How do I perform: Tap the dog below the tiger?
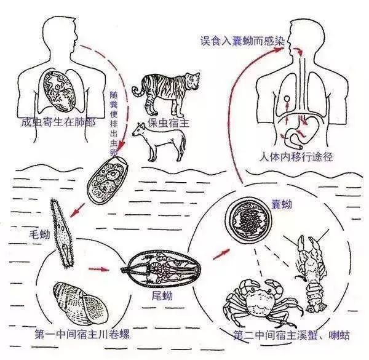tap(158, 140)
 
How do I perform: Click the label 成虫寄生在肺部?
tap(57, 122)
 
